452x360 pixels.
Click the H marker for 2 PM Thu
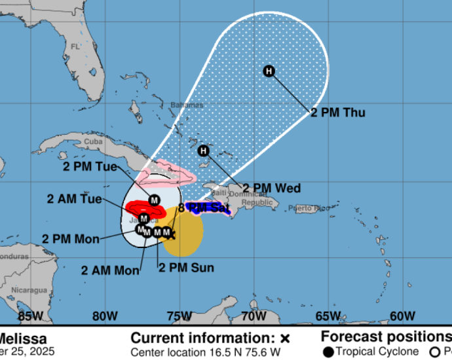coord(269,71)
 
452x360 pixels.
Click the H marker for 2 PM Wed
coord(204,151)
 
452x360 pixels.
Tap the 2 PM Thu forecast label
coord(337,113)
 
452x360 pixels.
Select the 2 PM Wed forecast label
coord(272,189)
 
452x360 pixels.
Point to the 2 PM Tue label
coord(89,166)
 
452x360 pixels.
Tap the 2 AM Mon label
coord(110,270)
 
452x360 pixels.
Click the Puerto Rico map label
coord(311,209)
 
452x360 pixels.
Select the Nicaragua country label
coord(31,289)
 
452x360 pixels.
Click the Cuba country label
coord(94,141)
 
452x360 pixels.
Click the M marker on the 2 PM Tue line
coord(155,200)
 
